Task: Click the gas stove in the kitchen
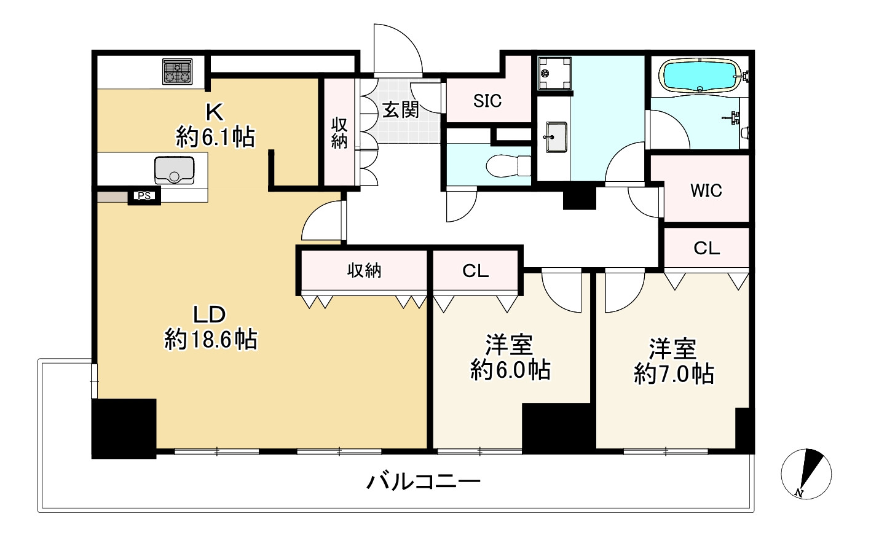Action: [178, 71]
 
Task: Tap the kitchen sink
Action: [174, 170]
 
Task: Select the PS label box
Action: [144, 196]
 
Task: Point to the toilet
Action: [508, 165]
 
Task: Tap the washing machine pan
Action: [554, 73]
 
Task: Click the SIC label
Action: [487, 101]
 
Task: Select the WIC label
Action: [706, 190]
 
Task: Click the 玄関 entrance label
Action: [401, 109]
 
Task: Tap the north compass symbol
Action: [806, 474]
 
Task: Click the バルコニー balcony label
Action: [424, 482]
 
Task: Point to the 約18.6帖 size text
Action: [211, 339]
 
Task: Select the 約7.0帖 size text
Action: [674, 374]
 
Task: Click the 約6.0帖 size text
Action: [510, 370]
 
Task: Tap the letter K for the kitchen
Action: [215, 112]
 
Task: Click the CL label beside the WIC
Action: [706, 248]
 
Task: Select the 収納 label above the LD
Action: [364, 270]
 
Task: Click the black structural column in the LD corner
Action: [124, 428]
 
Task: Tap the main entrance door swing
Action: [398, 49]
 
